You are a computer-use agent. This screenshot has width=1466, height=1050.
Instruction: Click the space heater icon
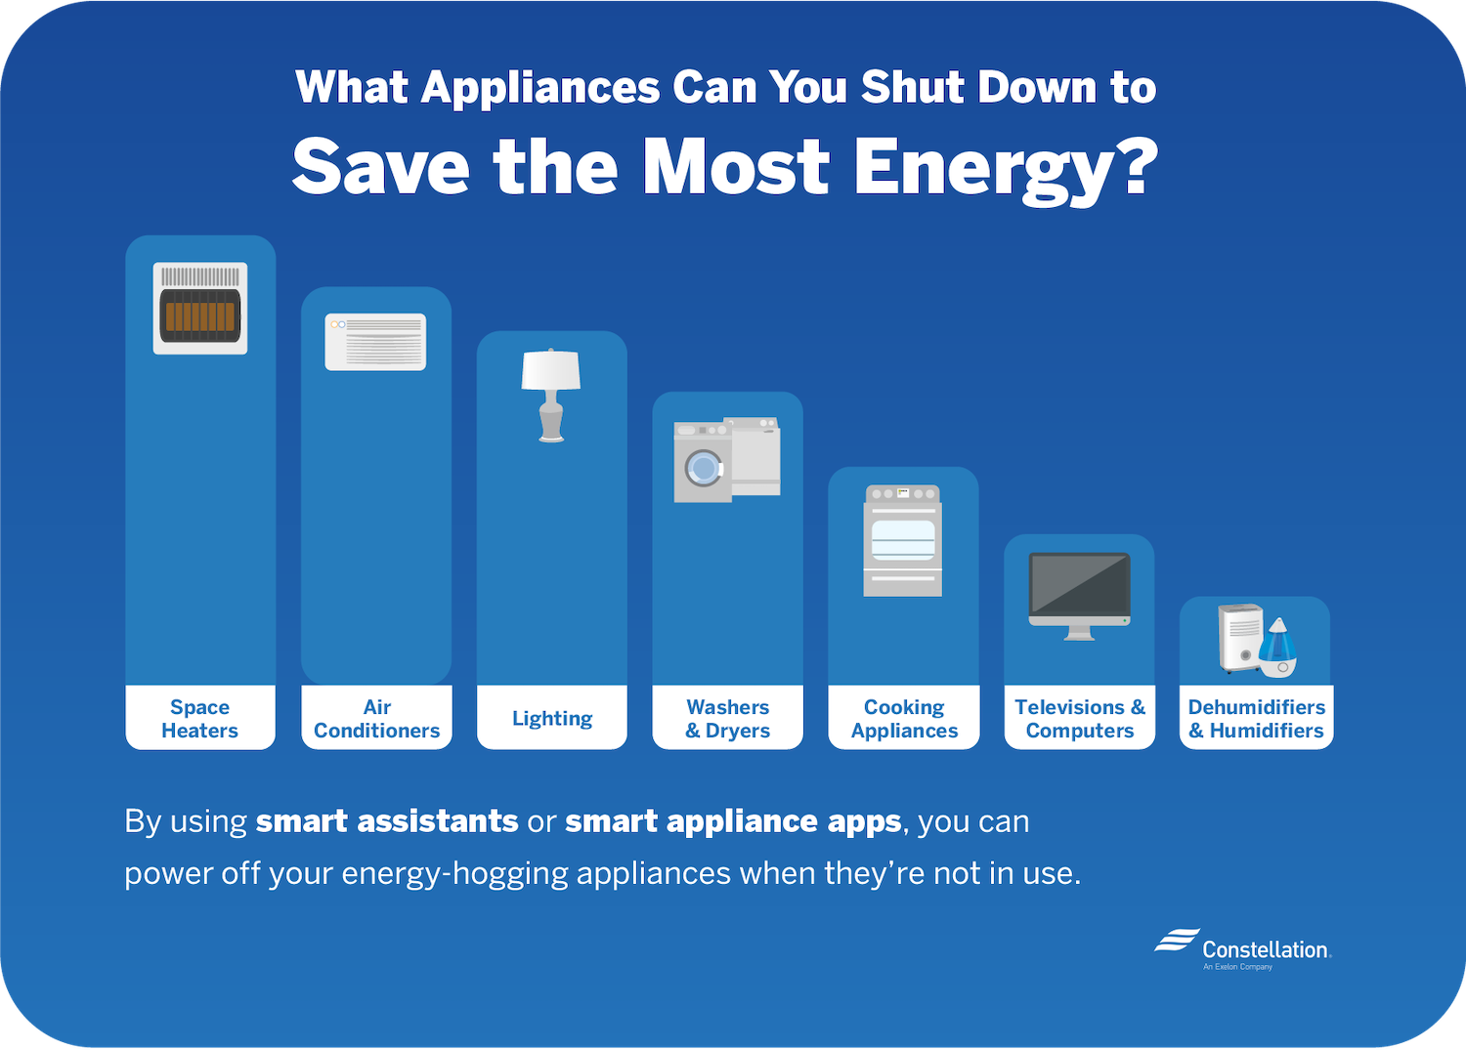[x=200, y=308]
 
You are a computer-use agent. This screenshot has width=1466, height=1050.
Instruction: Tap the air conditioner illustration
[x=375, y=342]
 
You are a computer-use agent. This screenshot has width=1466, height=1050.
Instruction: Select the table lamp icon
[x=551, y=396]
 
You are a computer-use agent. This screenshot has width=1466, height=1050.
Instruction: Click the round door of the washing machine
[x=704, y=469]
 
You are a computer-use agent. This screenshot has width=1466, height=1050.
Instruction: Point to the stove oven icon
[x=902, y=540]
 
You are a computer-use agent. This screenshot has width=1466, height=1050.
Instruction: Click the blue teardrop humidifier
[x=1277, y=648]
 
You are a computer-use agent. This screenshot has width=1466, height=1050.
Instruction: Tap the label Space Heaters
[x=199, y=718]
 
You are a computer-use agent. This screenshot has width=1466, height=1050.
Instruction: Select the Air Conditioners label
[x=377, y=718]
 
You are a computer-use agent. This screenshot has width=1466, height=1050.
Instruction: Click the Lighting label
[x=552, y=718]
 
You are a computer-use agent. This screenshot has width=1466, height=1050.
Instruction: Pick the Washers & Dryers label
[x=728, y=718]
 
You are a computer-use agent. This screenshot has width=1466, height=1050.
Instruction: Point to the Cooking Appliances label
[x=904, y=718]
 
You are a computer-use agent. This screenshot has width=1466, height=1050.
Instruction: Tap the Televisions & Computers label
[x=1080, y=718]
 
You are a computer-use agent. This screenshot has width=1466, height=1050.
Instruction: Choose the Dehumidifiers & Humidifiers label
[x=1257, y=718]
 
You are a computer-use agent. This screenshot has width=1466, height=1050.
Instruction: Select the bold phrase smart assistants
[x=387, y=821]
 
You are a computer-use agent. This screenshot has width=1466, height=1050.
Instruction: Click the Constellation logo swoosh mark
[x=1176, y=940]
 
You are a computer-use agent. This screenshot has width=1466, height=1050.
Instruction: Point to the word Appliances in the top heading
[x=540, y=89]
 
